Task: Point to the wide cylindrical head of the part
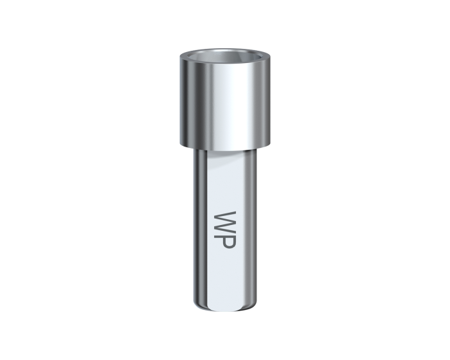[225, 99]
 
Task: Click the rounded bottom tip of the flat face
[227, 309]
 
